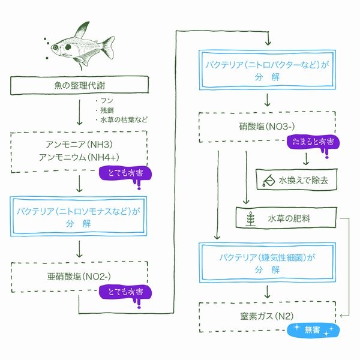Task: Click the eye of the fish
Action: click(x=59, y=44)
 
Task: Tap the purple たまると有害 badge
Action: click(x=313, y=143)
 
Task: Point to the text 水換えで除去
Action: click(x=303, y=179)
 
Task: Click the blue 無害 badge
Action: click(x=313, y=330)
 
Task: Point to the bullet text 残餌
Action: click(x=108, y=111)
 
